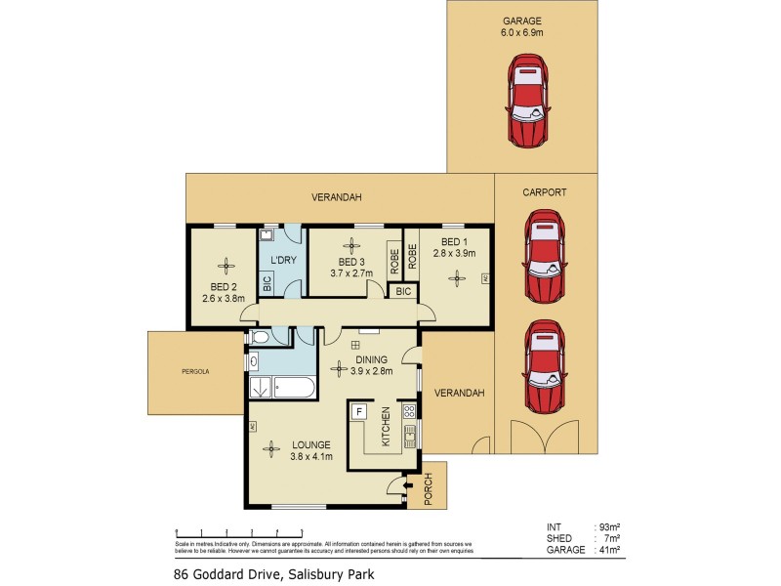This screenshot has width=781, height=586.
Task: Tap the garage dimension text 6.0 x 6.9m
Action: point(522,33)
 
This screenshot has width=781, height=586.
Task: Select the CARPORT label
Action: point(545,192)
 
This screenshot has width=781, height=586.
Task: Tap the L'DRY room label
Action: point(283,260)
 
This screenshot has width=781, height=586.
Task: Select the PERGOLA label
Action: point(195,372)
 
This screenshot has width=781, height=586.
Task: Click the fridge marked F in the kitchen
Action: point(359,412)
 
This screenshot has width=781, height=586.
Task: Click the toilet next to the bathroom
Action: point(259,338)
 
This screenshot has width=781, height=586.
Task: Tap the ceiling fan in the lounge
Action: point(269,448)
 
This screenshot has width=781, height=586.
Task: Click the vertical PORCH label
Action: point(427,490)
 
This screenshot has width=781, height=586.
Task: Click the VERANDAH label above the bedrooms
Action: point(337,197)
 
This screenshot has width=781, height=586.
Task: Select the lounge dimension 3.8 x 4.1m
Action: point(312,456)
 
